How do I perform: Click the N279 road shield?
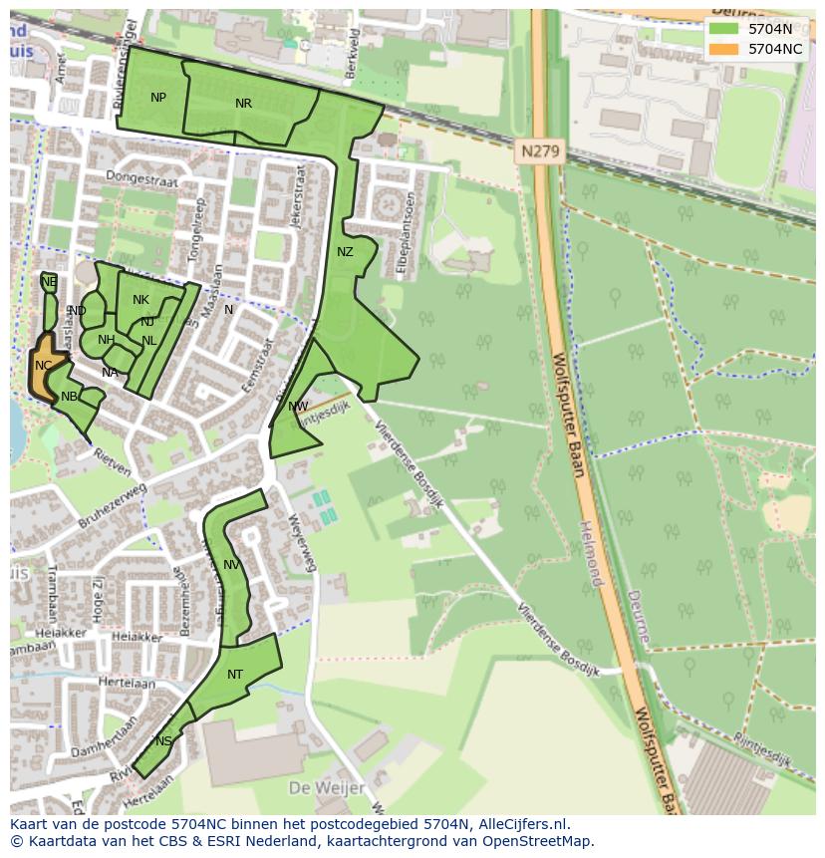pyautogui.click(x=540, y=152)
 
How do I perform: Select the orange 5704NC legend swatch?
pyautogui.click(x=724, y=48)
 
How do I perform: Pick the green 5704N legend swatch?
pyautogui.click(x=724, y=29)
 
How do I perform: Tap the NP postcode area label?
pyautogui.click(x=158, y=98)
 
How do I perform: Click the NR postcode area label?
pyautogui.click(x=243, y=104)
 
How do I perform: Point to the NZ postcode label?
pyautogui.click(x=345, y=252)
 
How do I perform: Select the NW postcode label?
pyautogui.click(x=298, y=407)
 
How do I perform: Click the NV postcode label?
pyautogui.click(x=231, y=565)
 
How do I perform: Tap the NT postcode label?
pyautogui.click(x=235, y=675)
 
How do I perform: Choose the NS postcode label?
pyautogui.click(x=163, y=741)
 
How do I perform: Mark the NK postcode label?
pyautogui.click(x=140, y=300)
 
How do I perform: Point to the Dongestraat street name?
pyautogui.click(x=139, y=180)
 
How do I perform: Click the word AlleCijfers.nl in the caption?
pyautogui.click(x=524, y=824)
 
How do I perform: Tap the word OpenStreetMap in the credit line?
pyautogui.click(x=538, y=841)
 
